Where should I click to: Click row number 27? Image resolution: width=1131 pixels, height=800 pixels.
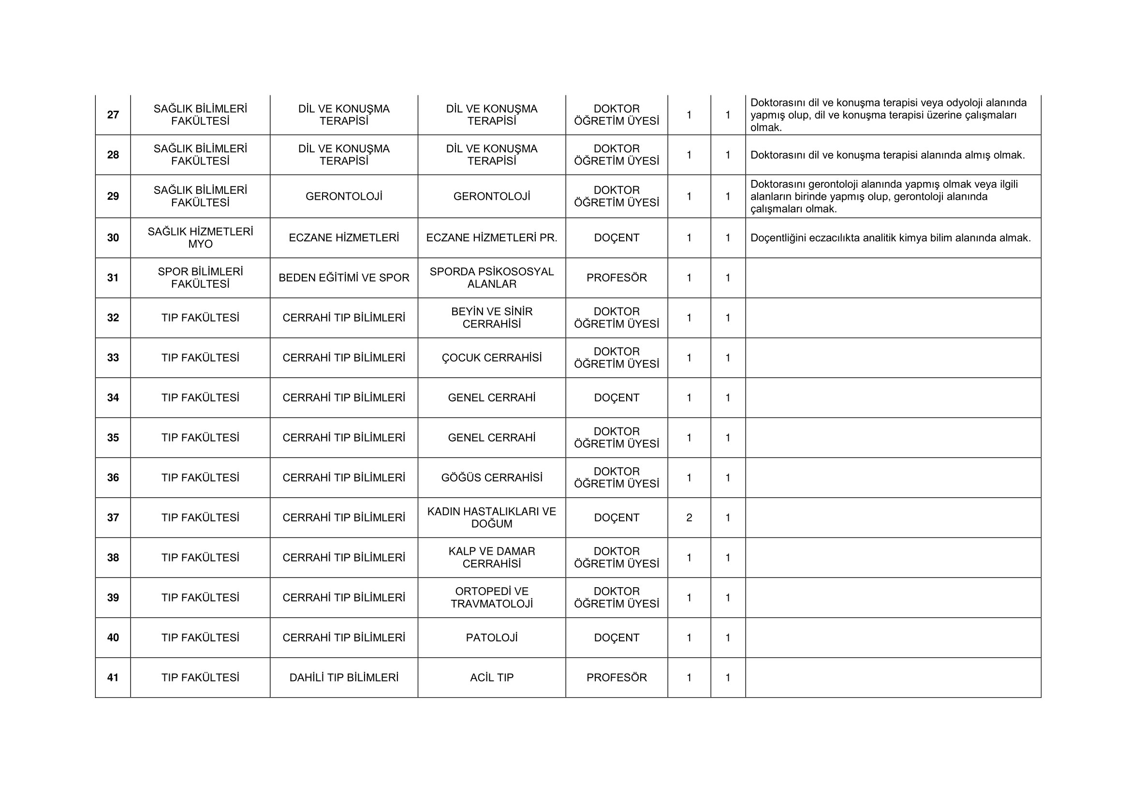[113, 115]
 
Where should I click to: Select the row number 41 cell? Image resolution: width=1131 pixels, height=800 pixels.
[113, 677]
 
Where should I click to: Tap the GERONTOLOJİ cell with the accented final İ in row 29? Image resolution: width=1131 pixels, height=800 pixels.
[344, 196]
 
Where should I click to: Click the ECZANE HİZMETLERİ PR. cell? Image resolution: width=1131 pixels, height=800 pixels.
[492, 238]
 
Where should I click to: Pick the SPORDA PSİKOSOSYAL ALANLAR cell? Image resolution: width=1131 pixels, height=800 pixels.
[492, 278]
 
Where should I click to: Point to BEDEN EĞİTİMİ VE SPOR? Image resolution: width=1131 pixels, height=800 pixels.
[344, 278]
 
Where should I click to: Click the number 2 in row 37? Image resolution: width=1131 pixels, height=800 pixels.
[689, 518]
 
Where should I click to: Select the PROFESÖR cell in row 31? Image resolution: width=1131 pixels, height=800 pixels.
[616, 278]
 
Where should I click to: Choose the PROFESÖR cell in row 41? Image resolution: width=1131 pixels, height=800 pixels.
[616, 677]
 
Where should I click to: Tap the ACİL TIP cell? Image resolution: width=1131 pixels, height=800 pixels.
[492, 677]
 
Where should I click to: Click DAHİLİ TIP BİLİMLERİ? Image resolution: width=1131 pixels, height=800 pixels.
[344, 677]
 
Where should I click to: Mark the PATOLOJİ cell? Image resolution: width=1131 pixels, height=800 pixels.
[492, 637]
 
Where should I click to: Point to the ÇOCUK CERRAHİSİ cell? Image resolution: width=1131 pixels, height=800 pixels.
[492, 357]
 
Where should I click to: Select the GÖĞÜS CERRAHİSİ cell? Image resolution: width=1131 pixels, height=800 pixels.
[492, 477]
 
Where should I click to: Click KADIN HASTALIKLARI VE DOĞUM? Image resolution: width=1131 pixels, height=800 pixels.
[492, 518]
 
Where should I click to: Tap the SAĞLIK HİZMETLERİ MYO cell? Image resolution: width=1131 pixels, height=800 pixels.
[201, 238]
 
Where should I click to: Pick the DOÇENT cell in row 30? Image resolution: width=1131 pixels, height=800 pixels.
[616, 238]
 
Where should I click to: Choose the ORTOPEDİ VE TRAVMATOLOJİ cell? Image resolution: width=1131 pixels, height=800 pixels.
[492, 597]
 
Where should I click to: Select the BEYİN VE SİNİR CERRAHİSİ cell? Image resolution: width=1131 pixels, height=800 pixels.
[492, 318]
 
